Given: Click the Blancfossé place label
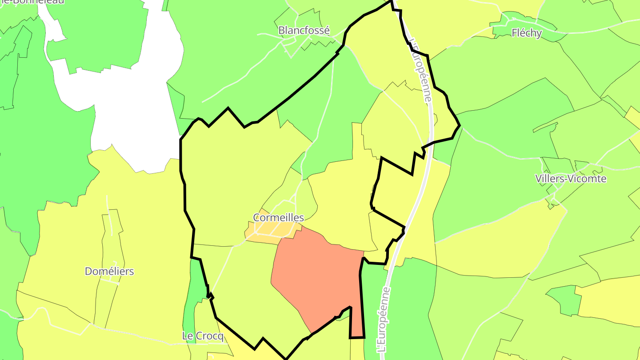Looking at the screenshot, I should (304, 30).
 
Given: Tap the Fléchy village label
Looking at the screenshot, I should (527, 32).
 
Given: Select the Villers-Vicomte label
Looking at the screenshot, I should (571, 179).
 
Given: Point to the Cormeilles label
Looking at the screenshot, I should (278, 217).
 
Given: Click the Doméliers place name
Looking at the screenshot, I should (109, 271).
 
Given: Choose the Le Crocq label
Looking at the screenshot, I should (203, 336).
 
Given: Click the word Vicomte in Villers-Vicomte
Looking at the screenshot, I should (588, 179).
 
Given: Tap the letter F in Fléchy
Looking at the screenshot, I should (515, 32).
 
